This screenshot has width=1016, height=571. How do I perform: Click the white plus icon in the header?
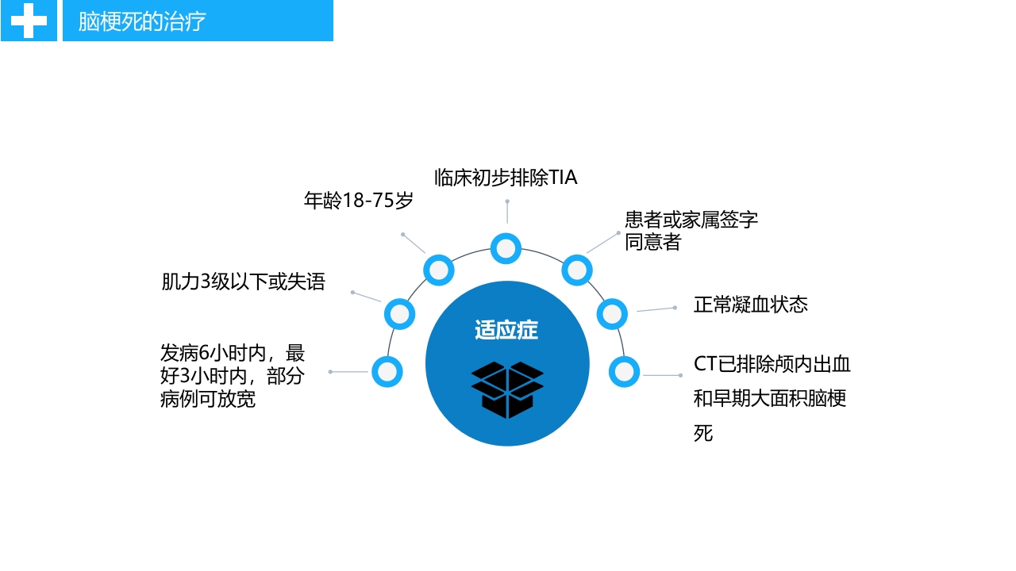pos(29,21)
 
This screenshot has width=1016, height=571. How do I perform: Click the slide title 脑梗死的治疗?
pos(142,21)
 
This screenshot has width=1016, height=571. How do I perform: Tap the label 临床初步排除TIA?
pos(506,178)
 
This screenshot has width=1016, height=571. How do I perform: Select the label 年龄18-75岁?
pos(359,201)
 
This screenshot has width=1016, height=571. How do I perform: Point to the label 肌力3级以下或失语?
pos(243,282)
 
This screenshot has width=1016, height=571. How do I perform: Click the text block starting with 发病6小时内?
pos(232,376)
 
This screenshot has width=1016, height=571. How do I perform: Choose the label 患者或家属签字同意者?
pos(691,230)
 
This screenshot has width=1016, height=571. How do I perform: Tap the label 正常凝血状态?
pos(750,305)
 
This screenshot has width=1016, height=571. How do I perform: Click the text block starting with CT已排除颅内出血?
pos(772,398)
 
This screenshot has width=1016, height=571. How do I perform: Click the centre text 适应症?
pos(506,330)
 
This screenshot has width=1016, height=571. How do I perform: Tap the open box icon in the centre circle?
pos(506,389)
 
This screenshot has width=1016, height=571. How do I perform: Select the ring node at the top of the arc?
pos(506,248)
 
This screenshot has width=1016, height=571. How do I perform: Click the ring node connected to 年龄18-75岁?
pos(439,270)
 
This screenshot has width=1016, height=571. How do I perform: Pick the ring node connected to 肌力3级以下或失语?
pos(400,314)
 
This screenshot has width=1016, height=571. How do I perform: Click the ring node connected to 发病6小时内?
pos(387,371)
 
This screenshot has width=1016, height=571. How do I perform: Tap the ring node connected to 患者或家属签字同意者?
pos(577,270)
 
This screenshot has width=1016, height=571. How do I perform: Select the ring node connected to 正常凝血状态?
pos(612,314)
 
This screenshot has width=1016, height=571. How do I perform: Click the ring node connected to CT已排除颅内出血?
pos(625,371)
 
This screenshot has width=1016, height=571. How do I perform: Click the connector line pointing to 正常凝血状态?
pos(656,309)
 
